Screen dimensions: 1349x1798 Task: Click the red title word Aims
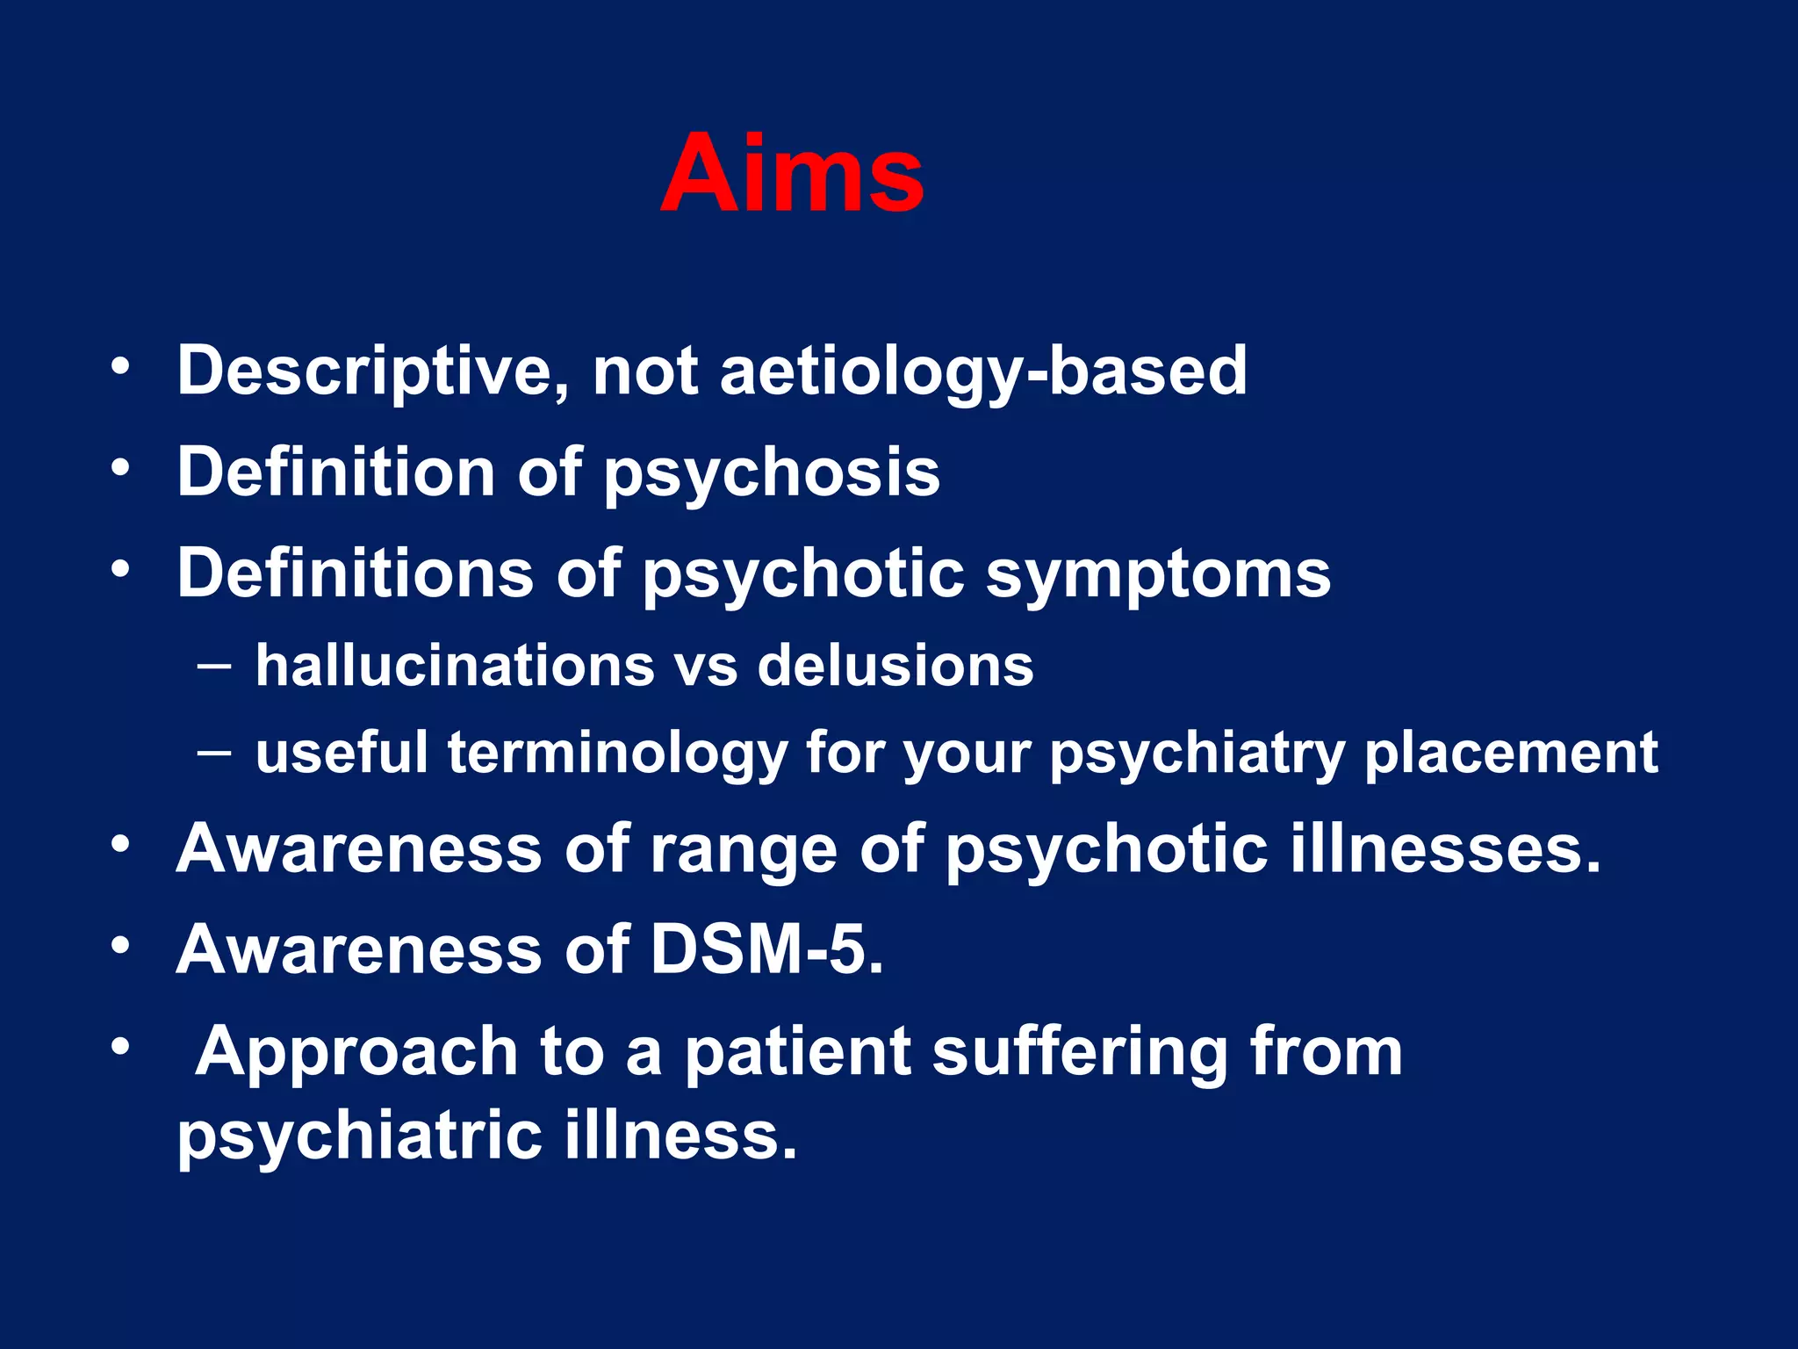pos(792,173)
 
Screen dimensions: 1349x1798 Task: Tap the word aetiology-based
pos(983,371)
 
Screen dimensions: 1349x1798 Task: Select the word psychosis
pos(772,473)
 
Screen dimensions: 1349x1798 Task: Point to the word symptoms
pos(1158,574)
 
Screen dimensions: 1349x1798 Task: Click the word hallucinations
pos(455,665)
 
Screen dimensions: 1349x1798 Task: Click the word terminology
pos(617,753)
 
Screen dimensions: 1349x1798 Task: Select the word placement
pos(1511,753)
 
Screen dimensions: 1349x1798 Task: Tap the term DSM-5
pos(766,949)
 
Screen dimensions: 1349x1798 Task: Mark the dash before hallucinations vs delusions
pos(215,665)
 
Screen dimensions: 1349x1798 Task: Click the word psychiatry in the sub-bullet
pos(1197,754)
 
